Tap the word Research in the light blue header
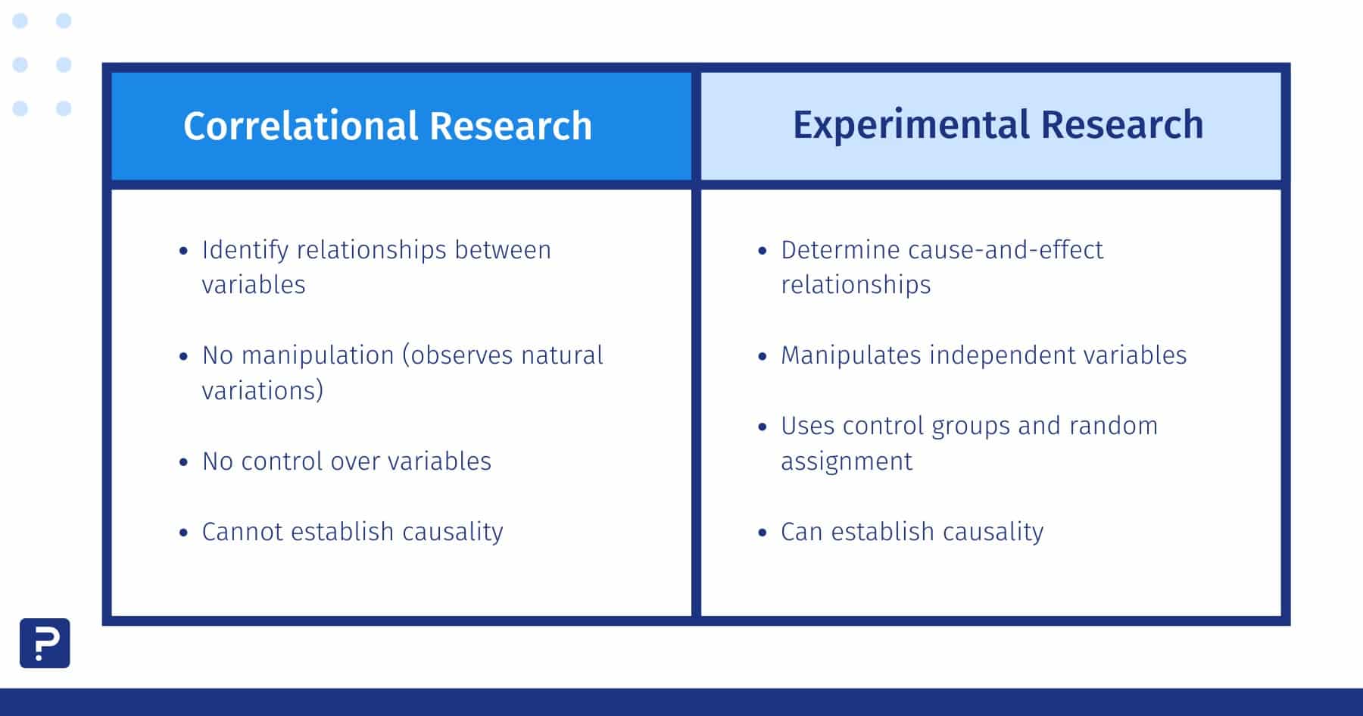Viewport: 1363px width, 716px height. pyautogui.click(x=1121, y=125)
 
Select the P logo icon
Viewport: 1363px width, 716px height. pyautogui.click(x=45, y=643)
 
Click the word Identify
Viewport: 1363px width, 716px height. pyautogui.click(x=245, y=250)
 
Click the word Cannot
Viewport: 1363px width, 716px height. pyautogui.click(x=242, y=532)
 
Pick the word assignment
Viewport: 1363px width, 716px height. pyautogui.click(x=846, y=461)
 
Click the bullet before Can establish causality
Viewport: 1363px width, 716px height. pyautogui.click(x=762, y=533)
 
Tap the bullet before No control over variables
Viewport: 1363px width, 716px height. pyautogui.click(x=183, y=462)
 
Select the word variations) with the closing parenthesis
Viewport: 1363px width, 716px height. pyautogui.click(x=263, y=391)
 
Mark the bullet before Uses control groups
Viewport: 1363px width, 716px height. pyautogui.click(x=762, y=427)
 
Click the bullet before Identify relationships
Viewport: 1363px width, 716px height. pyautogui.click(x=183, y=251)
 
